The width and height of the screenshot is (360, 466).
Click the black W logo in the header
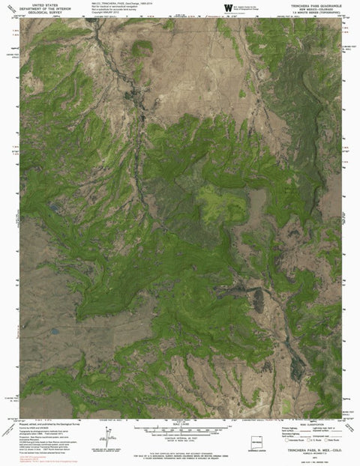point(226,7)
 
